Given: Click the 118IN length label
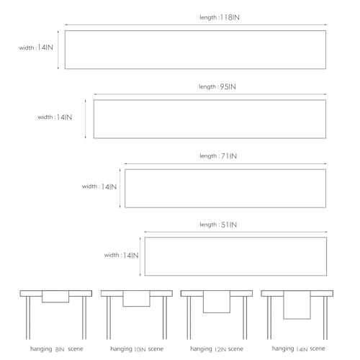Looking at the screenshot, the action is coord(220,17).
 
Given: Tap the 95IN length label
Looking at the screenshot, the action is coord(217,86).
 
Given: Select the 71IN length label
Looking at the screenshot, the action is coord(218,156).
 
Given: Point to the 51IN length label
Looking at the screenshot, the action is coord(218,225).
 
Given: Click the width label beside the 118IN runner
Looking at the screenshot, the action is coord(36,48).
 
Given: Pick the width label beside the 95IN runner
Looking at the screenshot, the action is coord(55,117).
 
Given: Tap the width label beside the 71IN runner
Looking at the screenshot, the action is coord(99,186).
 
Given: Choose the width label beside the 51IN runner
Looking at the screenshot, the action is coord(122,255).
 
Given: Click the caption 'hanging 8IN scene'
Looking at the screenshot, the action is coord(57,349).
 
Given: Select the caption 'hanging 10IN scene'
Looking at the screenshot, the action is coord(137,349).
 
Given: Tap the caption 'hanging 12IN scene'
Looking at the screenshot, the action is coord(217,349).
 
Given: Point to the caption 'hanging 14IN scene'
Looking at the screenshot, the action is coord(298,348).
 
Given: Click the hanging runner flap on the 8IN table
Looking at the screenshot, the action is coord(55,297).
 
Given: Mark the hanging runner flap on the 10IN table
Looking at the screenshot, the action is coord(136,299).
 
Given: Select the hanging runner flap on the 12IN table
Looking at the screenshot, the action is coord(217,302).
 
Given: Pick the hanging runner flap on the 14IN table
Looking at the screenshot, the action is coord(297,305).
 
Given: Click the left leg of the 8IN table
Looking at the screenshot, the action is coord(28,318).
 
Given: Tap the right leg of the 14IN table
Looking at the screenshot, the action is coord(325,318).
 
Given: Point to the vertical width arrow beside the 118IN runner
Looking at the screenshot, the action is coord(58,50).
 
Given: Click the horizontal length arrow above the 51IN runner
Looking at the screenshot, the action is coord(235,232).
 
